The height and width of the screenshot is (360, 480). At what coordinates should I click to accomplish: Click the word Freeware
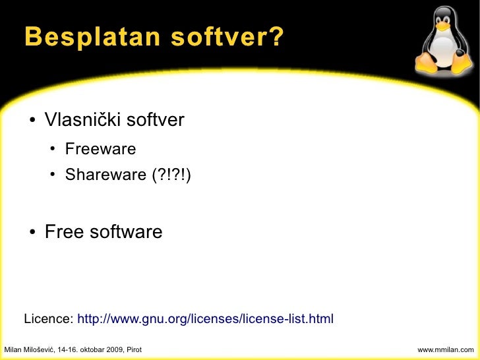coord(100,149)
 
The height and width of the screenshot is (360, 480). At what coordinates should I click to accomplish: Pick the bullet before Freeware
coord(52,150)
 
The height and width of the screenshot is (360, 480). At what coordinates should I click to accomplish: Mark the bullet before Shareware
coord(52,176)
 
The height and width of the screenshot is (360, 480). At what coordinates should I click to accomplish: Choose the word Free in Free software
coord(64,232)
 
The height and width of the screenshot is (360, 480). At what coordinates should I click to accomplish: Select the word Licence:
coord(49,319)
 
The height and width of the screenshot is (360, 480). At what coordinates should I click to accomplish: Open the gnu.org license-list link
coord(206,319)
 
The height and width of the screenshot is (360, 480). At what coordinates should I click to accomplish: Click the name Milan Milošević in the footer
coord(30,348)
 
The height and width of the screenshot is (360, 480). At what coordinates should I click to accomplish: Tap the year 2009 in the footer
coord(112,348)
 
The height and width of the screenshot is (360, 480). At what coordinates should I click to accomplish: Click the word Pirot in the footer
coord(132,348)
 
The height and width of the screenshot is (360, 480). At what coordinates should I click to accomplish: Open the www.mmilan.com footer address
coord(446,348)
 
